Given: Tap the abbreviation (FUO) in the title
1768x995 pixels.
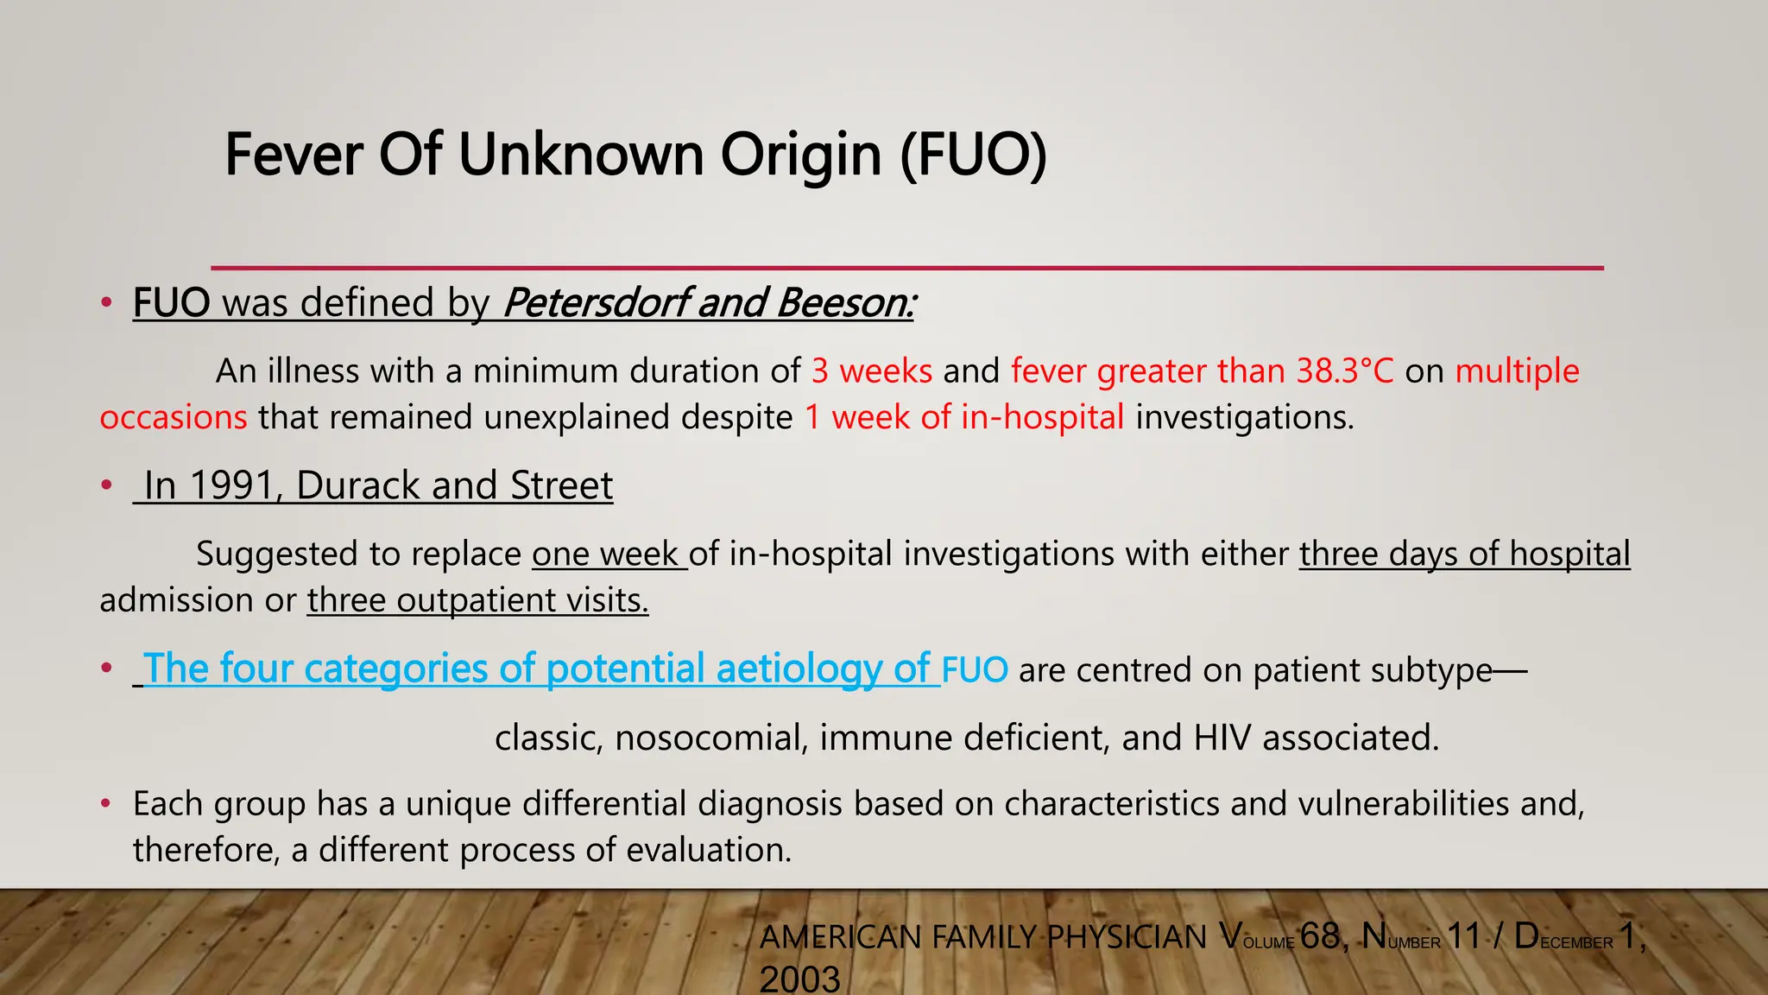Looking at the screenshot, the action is point(973,155).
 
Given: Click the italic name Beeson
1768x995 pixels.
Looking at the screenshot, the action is point(844,303).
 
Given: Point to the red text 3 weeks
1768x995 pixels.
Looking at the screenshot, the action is point(872,371).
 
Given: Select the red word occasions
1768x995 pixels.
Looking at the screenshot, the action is point(174,418).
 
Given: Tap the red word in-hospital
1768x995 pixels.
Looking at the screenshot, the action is point(1042,418).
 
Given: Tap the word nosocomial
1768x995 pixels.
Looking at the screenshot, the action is point(711,738).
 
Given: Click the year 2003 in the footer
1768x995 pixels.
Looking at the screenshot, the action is point(799,979).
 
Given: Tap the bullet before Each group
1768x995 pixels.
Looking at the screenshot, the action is point(105,804).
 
